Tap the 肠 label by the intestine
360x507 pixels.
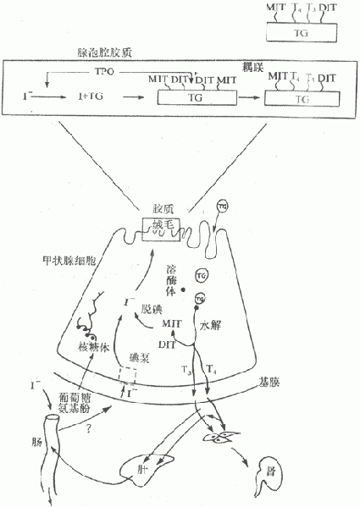[35, 443]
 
